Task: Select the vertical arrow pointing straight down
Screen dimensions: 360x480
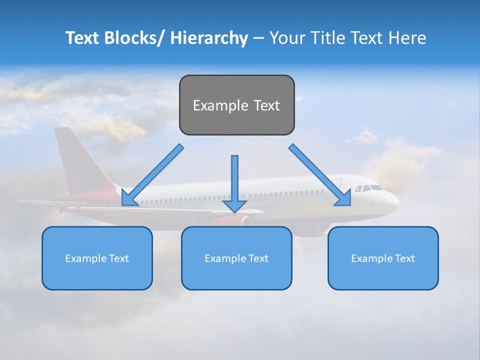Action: [234, 182]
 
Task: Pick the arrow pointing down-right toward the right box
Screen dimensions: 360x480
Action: [320, 175]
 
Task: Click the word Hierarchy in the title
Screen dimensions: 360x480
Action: [209, 38]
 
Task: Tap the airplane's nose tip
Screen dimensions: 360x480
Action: [397, 203]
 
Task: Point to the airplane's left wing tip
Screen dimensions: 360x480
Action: [20, 201]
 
